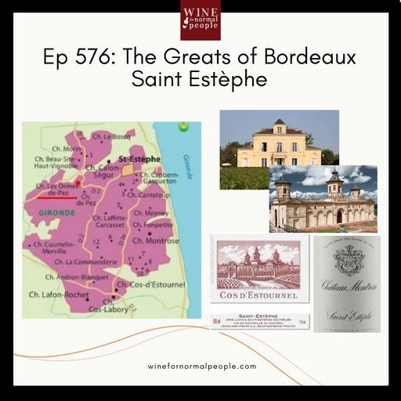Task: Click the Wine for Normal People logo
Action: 200,20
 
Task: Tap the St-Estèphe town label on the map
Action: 142,157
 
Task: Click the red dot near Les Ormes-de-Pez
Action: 78,181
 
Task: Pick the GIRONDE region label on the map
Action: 49,211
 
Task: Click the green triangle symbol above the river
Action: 182,125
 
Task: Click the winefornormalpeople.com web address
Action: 201,366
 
